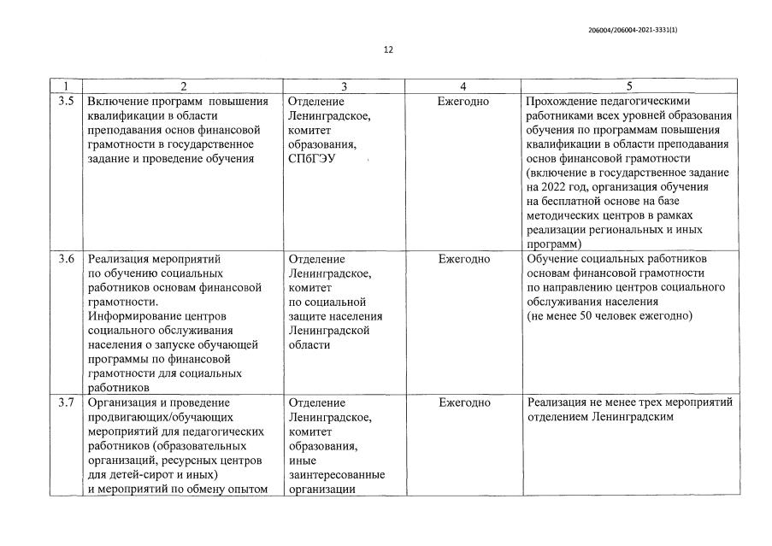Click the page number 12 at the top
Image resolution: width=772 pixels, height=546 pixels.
coord(387,50)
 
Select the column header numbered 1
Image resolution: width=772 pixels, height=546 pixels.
coord(67,86)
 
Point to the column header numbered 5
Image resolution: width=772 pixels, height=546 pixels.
coord(629,86)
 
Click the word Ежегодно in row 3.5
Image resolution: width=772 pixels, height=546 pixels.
coord(463,102)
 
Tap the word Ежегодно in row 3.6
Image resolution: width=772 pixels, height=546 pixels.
coord(463,259)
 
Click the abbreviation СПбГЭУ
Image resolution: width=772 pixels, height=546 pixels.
coord(315,159)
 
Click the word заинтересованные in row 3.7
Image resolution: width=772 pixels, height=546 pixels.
coord(336,474)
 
